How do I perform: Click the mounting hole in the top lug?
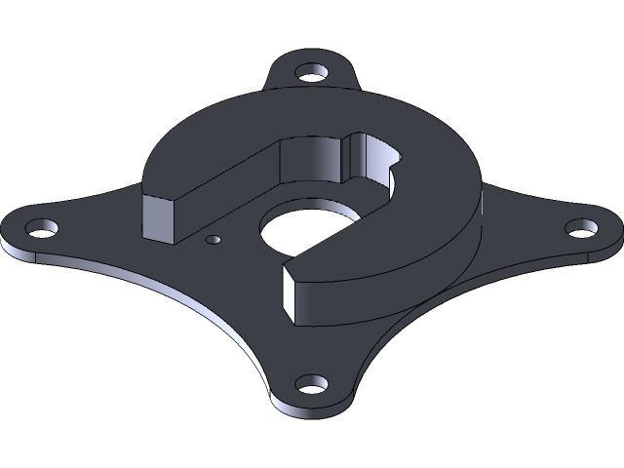[x=312, y=73]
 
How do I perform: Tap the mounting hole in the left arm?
[x=40, y=230]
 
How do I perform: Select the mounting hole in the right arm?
[x=582, y=228]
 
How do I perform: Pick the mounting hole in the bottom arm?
[x=312, y=384]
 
